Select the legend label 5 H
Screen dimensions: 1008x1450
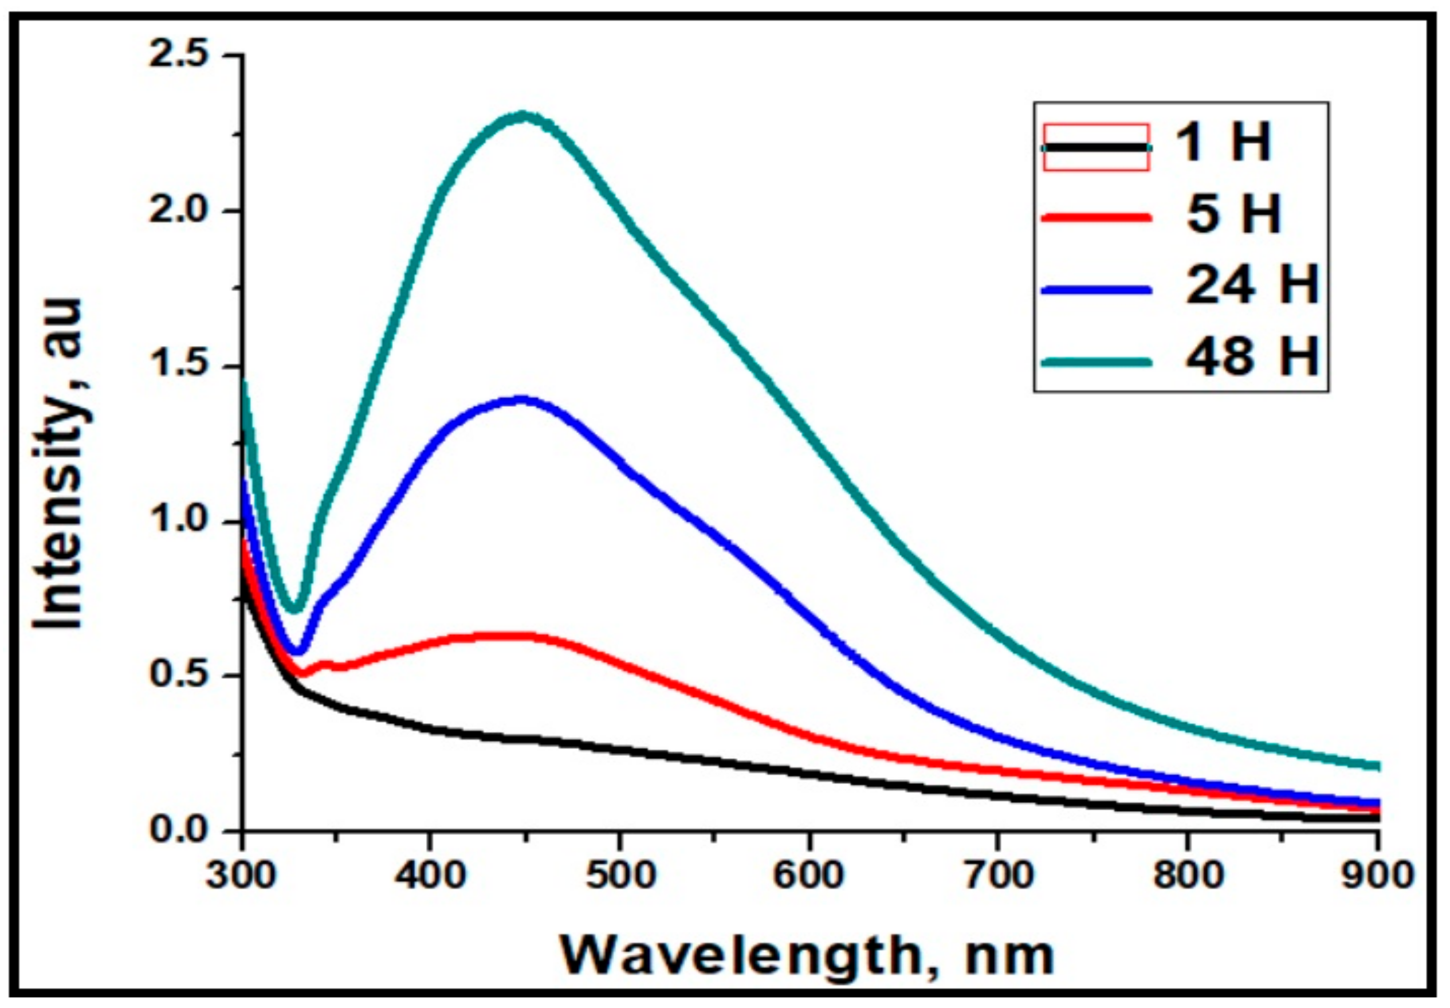point(1233,215)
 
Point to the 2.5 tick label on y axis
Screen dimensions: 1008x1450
point(179,56)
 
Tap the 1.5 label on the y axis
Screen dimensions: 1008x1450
point(179,366)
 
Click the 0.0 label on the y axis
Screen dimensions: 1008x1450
point(179,829)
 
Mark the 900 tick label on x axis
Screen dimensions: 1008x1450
point(1376,877)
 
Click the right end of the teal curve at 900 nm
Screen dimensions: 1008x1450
point(1376,767)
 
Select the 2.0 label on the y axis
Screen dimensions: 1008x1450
point(179,210)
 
